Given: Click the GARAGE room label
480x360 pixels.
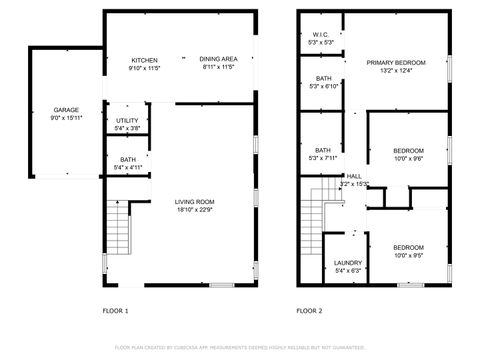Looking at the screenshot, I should coord(66,110).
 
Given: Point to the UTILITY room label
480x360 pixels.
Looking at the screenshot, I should coord(127,120).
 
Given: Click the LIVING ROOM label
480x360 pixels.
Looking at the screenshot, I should coord(195,202).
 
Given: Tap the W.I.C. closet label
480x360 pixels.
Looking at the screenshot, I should coord(320,35).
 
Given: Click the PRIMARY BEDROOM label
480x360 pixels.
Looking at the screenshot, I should coord(396,62).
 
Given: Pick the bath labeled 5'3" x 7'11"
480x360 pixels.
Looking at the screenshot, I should coord(323,150).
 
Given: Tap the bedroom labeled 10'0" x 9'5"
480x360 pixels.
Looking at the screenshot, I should coord(407,247).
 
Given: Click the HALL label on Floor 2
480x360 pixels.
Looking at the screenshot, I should coord(354,175).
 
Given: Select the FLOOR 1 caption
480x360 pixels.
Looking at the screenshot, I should coord(115,311).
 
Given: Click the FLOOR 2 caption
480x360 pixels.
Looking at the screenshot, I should coord(309,311).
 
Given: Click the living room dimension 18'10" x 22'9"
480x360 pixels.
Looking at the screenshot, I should coord(195,209).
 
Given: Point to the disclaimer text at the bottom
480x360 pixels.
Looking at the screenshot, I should coord(239,347).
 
